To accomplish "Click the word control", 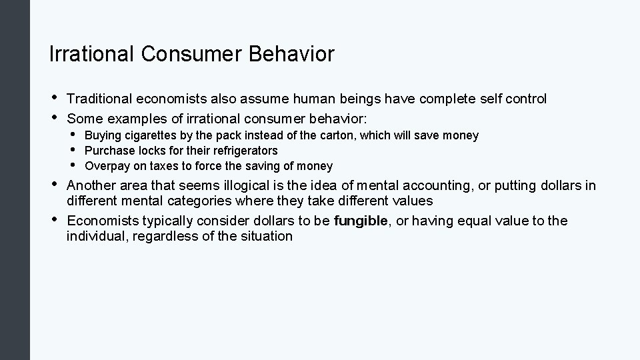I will tap(526, 99).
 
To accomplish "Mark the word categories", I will tap(207, 201).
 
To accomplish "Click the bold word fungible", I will tap(361, 221).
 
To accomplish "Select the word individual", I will tap(95, 236).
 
